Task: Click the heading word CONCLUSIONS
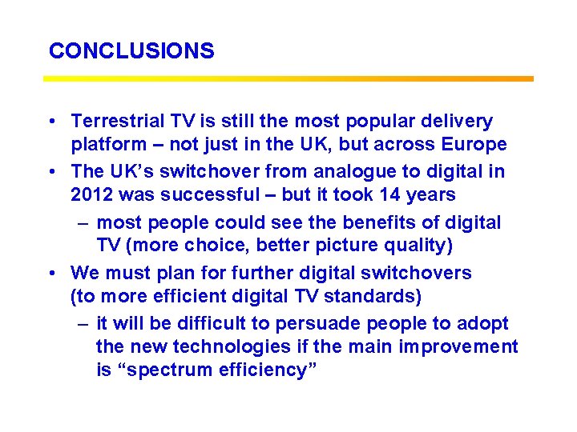point(131,51)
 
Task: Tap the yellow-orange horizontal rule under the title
point(288,78)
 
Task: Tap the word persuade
point(311,323)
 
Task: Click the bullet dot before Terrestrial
point(50,122)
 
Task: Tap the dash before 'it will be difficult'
point(83,323)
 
